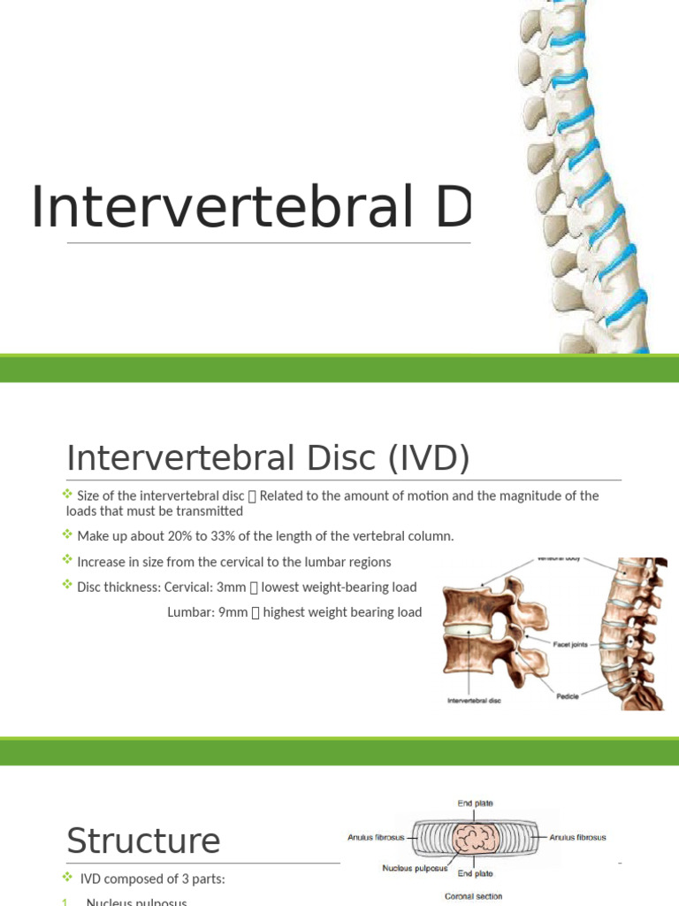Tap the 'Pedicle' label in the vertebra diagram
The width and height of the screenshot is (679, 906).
pyautogui.click(x=568, y=696)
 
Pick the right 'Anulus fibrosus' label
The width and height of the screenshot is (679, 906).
pyautogui.click(x=577, y=837)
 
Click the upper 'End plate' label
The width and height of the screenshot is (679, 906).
pyautogui.click(x=476, y=803)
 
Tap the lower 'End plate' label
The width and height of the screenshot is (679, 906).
pyautogui.click(x=476, y=873)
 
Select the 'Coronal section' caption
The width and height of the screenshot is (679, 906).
pyautogui.click(x=473, y=896)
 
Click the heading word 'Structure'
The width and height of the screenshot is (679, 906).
pyautogui.click(x=143, y=840)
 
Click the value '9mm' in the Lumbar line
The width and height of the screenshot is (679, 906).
pyautogui.click(x=233, y=612)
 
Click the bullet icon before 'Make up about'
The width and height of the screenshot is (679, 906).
pyautogui.click(x=68, y=535)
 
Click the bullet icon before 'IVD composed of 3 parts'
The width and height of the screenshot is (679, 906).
pyautogui.click(x=68, y=877)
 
